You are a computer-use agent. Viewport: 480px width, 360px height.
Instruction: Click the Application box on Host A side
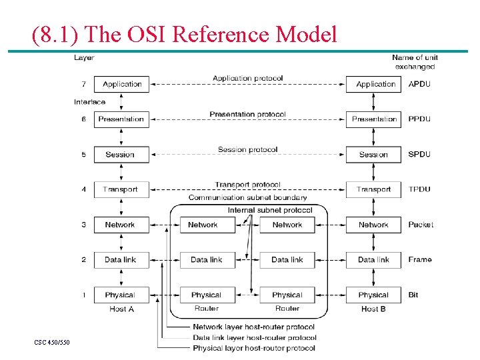[121, 84]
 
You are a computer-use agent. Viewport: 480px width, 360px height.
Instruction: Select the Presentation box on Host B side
[373, 119]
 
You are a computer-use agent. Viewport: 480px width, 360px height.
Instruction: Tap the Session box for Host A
[121, 155]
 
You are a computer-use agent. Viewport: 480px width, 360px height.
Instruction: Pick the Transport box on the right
[373, 189]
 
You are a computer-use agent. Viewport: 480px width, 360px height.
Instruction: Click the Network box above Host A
[121, 225]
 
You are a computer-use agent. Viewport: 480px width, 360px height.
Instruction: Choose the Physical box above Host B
[373, 295]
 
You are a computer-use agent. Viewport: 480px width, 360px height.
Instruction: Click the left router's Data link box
[207, 259]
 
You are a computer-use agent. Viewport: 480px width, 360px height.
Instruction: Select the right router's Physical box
[287, 295]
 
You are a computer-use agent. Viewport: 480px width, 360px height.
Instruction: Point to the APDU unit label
[419, 84]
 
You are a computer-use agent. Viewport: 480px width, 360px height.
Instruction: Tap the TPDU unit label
[419, 189]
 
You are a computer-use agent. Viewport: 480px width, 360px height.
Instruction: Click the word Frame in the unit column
[420, 259]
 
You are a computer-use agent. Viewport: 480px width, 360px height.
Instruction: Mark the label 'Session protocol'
[247, 149]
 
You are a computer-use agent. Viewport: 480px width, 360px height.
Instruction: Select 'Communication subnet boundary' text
[248, 197]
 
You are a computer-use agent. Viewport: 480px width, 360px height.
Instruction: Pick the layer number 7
[83, 84]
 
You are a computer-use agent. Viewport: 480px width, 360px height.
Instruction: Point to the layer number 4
[83, 189]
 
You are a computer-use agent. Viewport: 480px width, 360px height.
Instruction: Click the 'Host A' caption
[121, 309]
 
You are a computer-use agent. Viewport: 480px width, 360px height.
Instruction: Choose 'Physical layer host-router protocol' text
[253, 348]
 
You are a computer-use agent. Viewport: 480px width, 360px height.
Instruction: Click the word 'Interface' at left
[89, 102]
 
